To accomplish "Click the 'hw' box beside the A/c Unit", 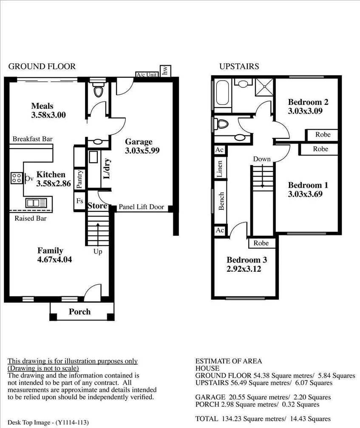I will pyautogui.click(x=165, y=71).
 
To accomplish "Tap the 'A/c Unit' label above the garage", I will pyautogui.click(x=147, y=75).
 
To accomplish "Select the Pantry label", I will pyautogui.click(x=79, y=179).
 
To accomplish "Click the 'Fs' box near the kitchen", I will pyautogui.click(x=79, y=201).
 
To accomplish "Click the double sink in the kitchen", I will pyautogui.click(x=32, y=203).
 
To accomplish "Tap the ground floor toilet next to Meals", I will pyautogui.click(x=98, y=91).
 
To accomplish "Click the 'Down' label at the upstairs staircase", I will pyautogui.click(x=261, y=159).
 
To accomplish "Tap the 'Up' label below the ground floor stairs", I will pyautogui.click(x=98, y=252).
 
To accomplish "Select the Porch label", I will pyautogui.click(x=79, y=312).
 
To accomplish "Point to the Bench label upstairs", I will pyautogui.click(x=221, y=201).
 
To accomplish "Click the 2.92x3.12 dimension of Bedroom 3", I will pyautogui.click(x=247, y=269).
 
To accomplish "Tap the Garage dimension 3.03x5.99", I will pyautogui.click(x=142, y=150).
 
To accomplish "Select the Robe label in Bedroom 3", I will pyautogui.click(x=261, y=243).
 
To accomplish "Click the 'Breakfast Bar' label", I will pyautogui.click(x=32, y=139).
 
